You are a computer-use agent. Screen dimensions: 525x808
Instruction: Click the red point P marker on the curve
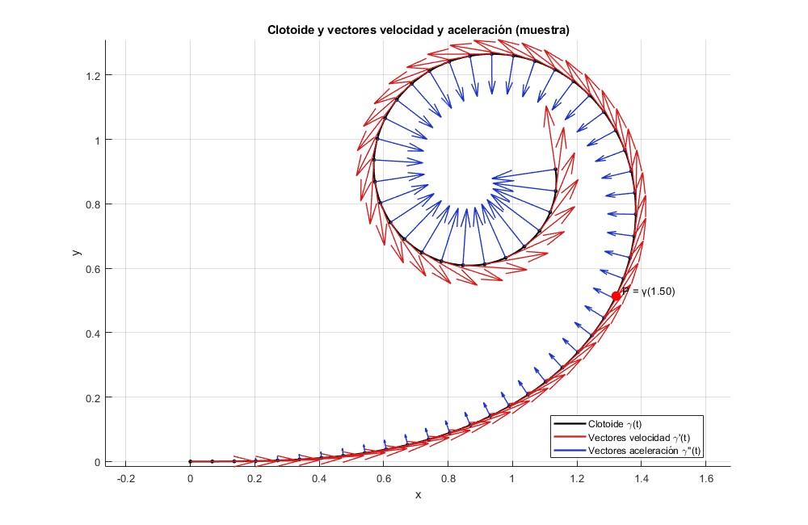[617, 296]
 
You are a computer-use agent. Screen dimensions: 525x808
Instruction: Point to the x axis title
[418, 494]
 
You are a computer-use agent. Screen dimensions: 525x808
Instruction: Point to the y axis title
[75, 253]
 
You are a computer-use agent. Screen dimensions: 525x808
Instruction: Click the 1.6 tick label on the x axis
[705, 478]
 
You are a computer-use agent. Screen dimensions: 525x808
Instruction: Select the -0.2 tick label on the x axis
[125, 478]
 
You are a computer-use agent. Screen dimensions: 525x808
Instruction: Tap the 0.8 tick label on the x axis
[448, 478]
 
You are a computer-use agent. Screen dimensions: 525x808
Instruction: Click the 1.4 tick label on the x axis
[641, 478]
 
